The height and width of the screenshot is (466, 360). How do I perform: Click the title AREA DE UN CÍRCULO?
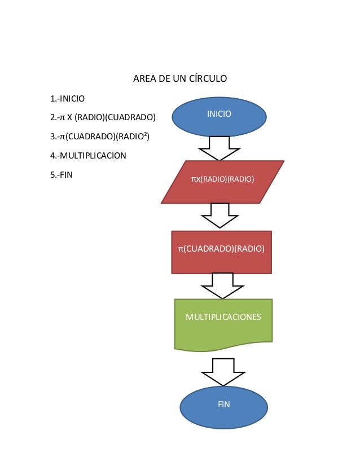tap(179, 78)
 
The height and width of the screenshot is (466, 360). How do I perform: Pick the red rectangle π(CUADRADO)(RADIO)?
tap(221, 252)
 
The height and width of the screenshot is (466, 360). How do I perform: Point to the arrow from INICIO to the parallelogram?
tap(219, 148)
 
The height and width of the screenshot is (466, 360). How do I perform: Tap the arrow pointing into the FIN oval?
tap(223, 372)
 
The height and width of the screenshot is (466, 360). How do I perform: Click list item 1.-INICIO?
tap(67, 99)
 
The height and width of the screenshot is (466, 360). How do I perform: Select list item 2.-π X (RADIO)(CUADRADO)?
tap(102, 117)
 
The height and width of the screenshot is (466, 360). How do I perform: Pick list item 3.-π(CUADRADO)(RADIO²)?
tap(99, 136)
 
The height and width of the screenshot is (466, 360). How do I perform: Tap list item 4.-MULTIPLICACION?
tap(88, 155)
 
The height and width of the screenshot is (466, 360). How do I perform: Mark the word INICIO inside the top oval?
tap(219, 114)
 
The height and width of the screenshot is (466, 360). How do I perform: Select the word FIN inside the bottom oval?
tap(223, 405)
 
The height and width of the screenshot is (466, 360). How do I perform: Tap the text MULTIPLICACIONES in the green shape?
tap(223, 317)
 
